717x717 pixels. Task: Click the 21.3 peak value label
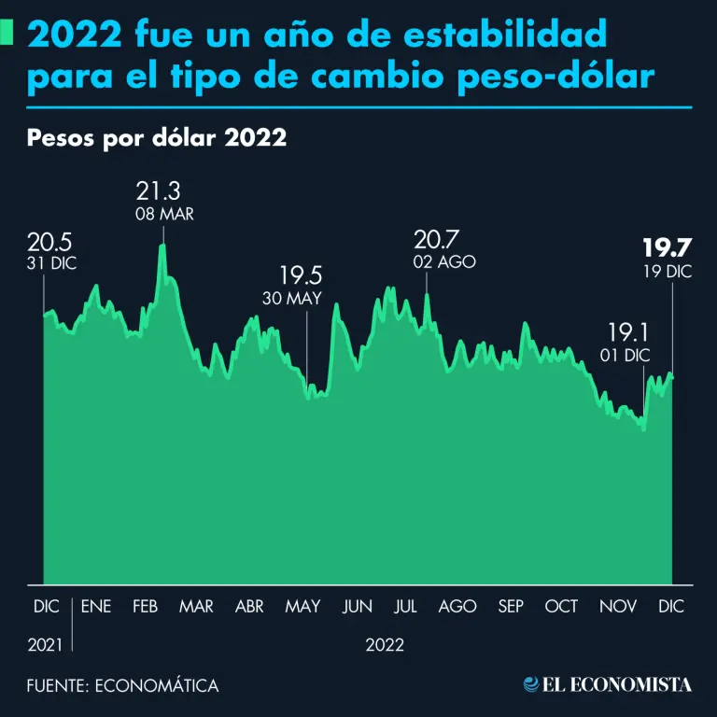[x=158, y=192]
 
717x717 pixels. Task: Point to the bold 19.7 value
[x=665, y=248]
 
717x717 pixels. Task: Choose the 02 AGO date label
[x=444, y=262]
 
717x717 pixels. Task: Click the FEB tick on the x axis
[x=145, y=606]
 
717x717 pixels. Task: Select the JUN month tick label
[x=357, y=606]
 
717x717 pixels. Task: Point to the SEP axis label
[x=511, y=606]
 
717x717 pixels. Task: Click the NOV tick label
[x=618, y=606]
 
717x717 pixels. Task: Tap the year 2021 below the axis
[x=46, y=644]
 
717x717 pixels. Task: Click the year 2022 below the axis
[x=385, y=644]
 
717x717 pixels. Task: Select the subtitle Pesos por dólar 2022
[x=157, y=138]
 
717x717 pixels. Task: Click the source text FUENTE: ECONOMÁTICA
[x=122, y=686]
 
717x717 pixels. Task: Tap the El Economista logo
[x=608, y=685]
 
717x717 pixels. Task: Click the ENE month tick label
[x=96, y=606]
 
